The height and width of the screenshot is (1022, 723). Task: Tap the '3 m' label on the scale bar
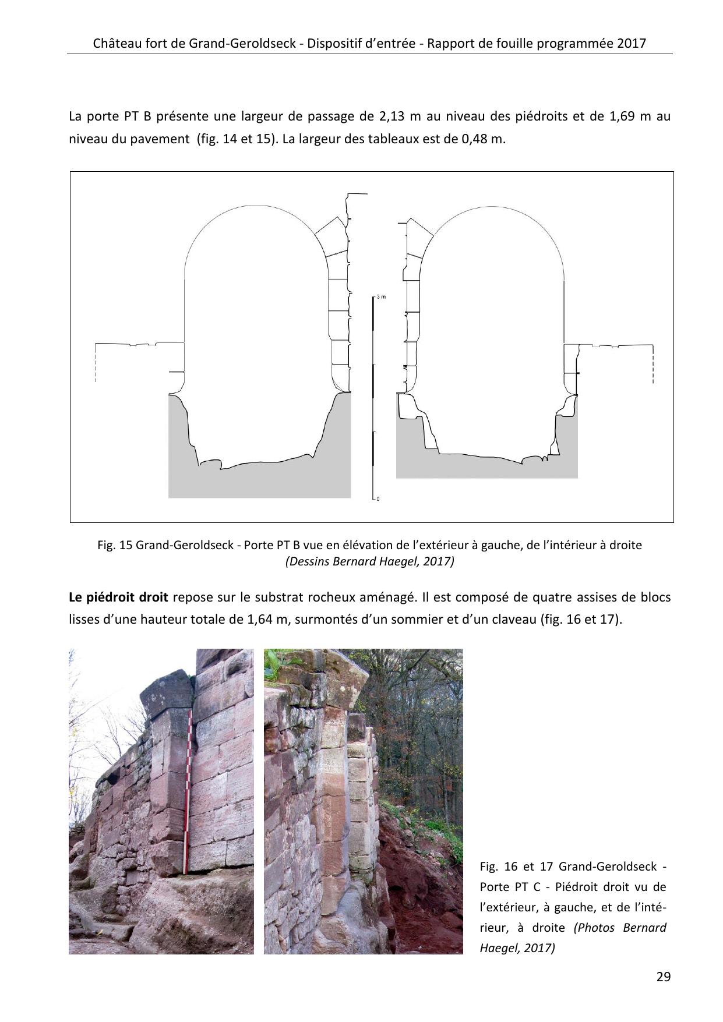pos(381,297)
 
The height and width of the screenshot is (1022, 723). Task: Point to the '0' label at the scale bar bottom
pos(378,499)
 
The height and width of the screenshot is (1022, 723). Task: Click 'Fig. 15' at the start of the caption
pos(115,546)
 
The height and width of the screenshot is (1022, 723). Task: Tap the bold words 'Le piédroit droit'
pos(118,598)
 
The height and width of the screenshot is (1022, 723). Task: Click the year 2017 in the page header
pos(633,44)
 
